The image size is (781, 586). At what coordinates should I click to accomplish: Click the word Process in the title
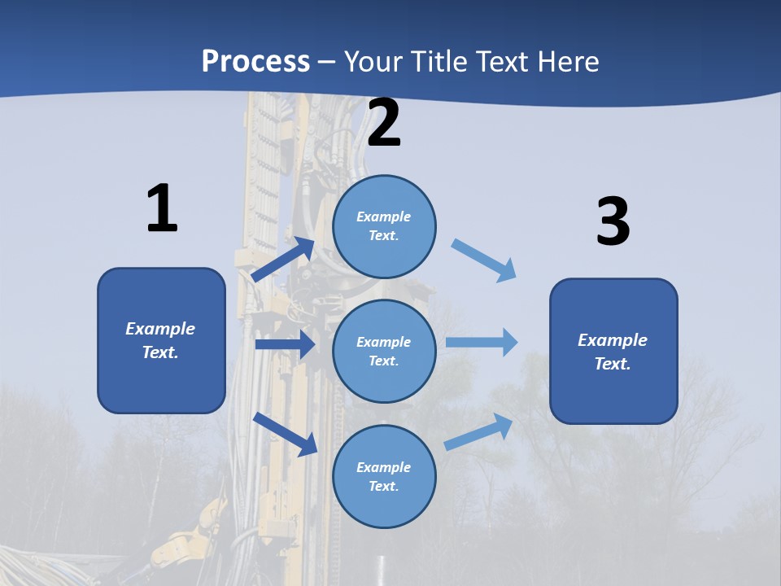pos(255,61)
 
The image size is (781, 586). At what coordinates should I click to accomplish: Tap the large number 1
pos(162,209)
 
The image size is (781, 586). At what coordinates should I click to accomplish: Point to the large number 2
pos(384,123)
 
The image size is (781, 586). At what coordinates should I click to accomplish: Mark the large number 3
pos(613,221)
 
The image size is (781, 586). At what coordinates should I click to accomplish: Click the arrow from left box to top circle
pos(283,260)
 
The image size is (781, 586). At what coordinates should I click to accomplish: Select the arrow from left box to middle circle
pos(285,345)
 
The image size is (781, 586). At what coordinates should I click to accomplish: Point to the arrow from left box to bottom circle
pos(285,433)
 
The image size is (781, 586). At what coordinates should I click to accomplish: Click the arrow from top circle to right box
pos(484,260)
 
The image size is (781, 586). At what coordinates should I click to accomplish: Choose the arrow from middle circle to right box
pos(482,342)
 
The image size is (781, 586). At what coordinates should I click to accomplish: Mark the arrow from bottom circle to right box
pos(479,431)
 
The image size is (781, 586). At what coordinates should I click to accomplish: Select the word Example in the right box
pos(613,340)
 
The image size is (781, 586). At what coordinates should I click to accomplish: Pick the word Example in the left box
pos(160,329)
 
